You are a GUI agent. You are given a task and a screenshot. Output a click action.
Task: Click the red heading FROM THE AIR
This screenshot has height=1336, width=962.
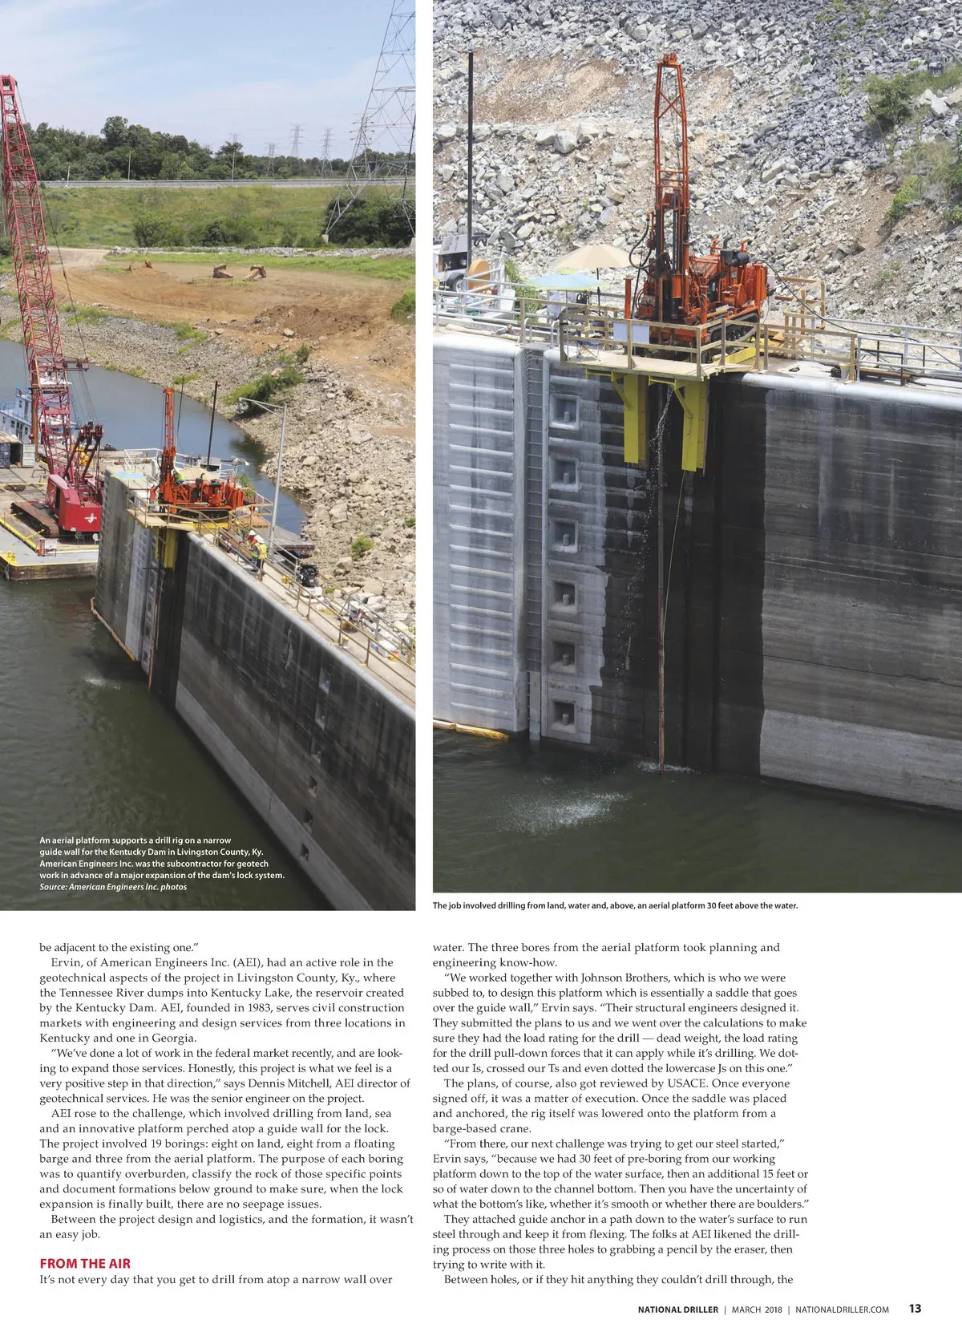coord(85,1263)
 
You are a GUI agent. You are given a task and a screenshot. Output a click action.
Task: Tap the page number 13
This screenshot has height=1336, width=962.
coord(915,1309)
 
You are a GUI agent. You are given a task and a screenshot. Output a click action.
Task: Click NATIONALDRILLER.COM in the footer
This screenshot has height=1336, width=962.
coord(842,1310)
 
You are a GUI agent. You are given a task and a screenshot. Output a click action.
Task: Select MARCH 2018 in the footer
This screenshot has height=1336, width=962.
coord(757,1310)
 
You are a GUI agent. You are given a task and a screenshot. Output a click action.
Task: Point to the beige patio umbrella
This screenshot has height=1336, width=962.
coord(592,257)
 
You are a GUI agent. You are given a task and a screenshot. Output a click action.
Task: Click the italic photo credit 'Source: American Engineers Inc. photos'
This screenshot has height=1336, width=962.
coord(113,887)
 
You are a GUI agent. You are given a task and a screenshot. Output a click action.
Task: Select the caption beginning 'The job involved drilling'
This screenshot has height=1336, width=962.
coord(615,905)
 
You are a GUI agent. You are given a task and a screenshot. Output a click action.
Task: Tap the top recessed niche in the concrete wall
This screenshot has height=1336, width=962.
coord(564,411)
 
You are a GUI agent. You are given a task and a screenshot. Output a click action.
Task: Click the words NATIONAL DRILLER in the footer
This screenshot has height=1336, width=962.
coord(677,1310)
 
